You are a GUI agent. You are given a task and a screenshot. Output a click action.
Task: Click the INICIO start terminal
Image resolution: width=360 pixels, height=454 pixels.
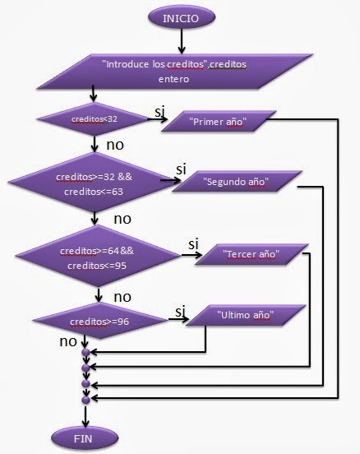click(x=180, y=16)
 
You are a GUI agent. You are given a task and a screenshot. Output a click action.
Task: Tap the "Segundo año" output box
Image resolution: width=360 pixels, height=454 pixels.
click(x=237, y=181)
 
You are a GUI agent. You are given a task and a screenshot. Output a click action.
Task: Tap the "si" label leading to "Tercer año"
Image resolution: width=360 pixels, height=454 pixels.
click(x=195, y=243)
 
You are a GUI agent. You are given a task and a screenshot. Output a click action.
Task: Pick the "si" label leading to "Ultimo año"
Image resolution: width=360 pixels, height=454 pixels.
click(x=178, y=311)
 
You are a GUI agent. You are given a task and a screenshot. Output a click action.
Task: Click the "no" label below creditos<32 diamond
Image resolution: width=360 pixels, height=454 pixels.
click(x=116, y=146)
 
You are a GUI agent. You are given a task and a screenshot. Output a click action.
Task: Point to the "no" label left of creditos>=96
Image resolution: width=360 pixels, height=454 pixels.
click(x=69, y=339)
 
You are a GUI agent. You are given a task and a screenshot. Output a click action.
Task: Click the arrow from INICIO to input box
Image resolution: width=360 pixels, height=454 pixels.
click(x=180, y=39)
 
